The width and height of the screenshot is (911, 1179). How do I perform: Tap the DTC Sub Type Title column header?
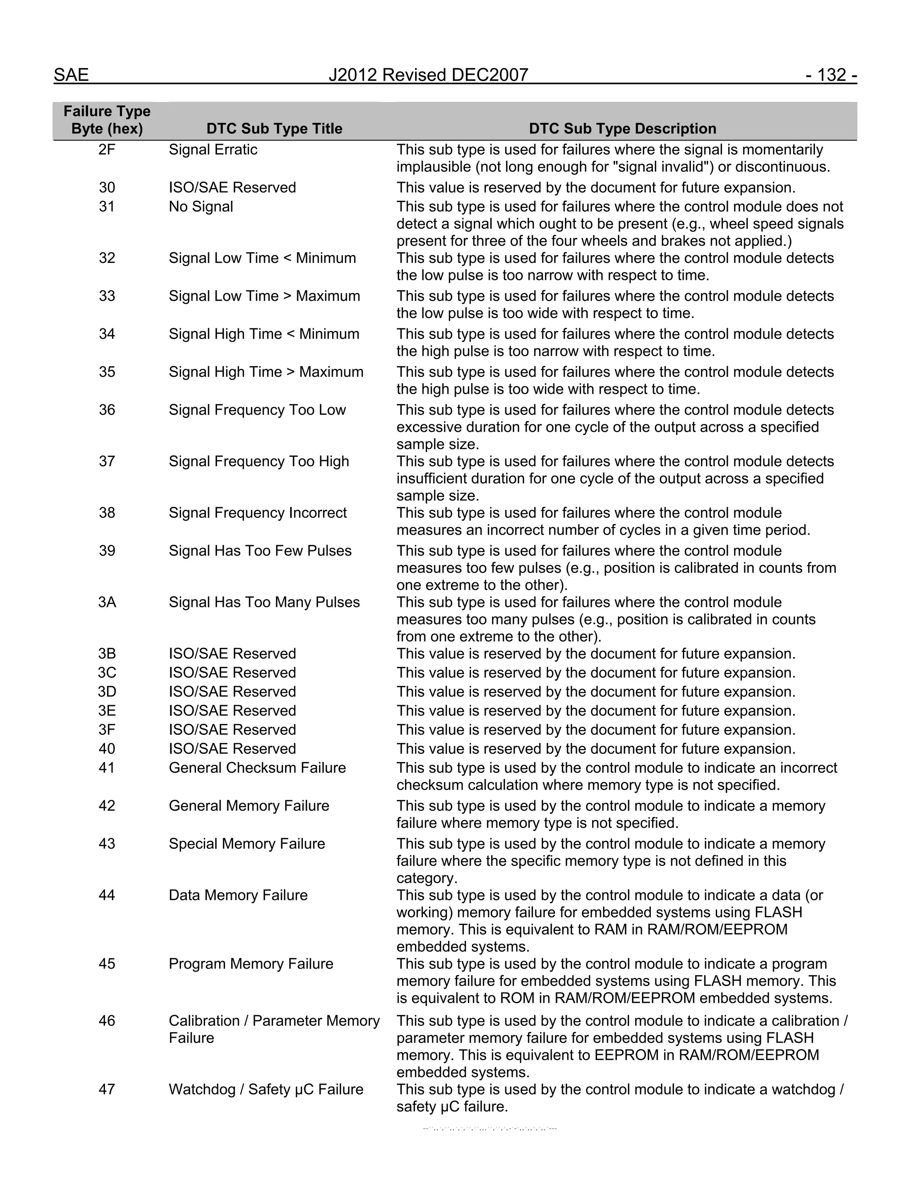[274, 129]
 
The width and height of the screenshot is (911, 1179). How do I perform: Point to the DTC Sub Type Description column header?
[622, 129]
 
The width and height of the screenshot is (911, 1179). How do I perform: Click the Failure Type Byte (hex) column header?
[107, 120]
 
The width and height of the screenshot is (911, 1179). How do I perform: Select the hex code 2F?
[107, 149]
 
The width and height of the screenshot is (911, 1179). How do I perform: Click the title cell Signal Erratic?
[213, 149]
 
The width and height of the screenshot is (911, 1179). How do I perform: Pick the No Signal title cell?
[201, 207]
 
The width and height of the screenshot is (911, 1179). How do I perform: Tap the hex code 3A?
[107, 602]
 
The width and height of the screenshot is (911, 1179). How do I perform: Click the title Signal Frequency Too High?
[258, 461]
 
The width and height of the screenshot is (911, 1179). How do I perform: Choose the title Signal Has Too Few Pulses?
[260, 551]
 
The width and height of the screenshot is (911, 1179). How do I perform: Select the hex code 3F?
[107, 729]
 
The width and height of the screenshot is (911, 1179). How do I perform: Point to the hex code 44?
[107, 895]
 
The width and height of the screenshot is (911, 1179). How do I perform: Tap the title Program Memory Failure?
[251, 964]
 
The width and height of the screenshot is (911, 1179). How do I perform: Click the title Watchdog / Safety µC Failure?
[266, 1090]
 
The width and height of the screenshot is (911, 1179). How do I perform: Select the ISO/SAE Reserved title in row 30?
[232, 187]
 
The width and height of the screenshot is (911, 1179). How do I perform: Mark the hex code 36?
[107, 410]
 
